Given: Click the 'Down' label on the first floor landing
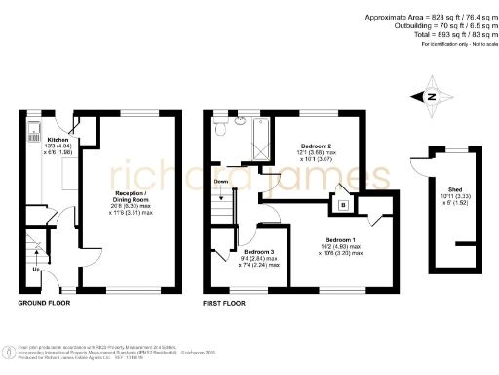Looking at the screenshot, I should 221,182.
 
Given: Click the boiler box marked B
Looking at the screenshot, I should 343,205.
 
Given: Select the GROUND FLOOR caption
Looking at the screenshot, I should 44,304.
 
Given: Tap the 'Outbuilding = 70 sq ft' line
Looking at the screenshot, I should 434,26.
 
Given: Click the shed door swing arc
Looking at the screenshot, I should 419,168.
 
